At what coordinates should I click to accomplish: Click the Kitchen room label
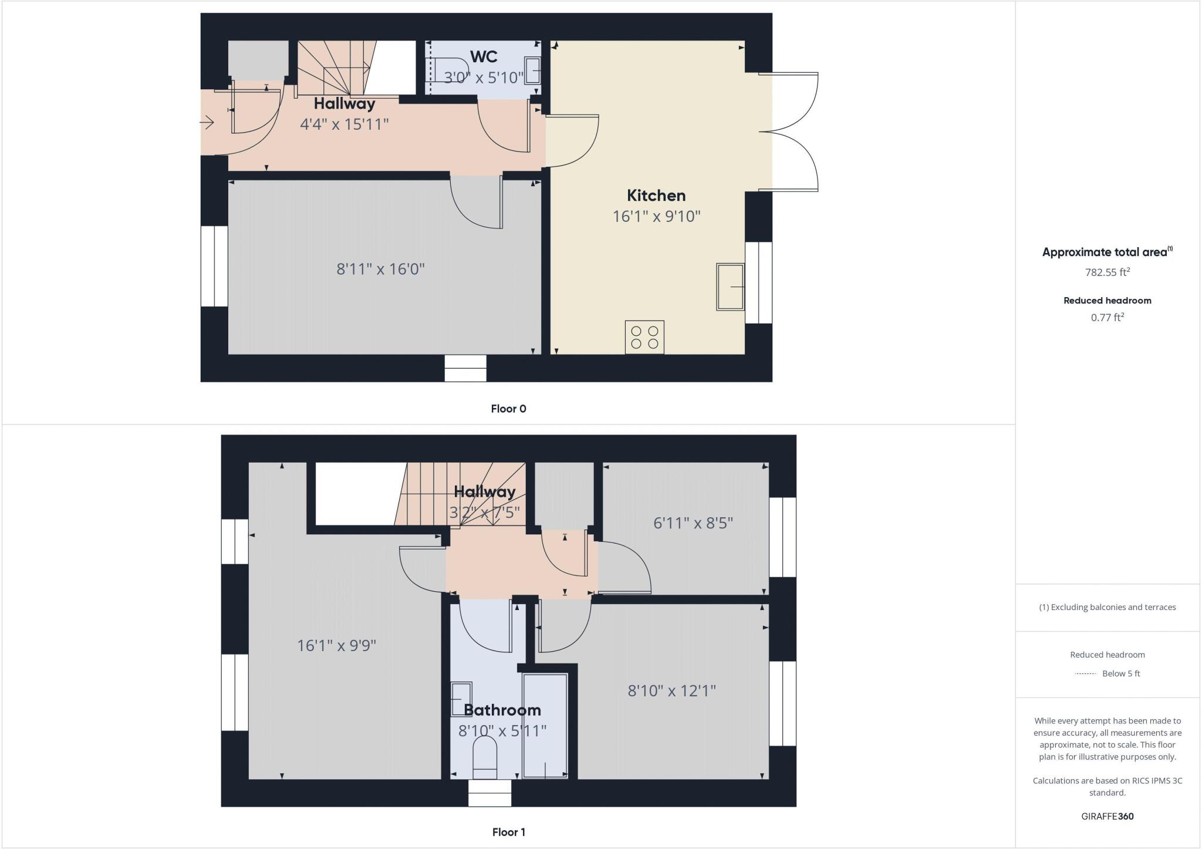656,196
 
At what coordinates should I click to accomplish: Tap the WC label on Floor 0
484,57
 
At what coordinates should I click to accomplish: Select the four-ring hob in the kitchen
644,337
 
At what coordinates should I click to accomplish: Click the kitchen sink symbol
730,287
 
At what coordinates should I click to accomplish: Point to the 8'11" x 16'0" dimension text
380,269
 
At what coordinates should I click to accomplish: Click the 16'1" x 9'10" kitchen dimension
657,217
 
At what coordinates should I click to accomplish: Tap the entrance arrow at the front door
207,123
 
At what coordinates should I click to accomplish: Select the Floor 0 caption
508,409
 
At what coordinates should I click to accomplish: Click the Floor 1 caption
508,832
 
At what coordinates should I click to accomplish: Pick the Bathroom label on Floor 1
502,710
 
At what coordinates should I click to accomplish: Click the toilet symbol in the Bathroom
485,753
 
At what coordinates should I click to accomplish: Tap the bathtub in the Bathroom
545,727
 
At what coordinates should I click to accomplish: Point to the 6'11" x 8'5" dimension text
693,523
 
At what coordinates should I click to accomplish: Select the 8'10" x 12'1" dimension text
672,690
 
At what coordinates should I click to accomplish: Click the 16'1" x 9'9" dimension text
336,645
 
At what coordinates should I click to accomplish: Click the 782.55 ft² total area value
1108,272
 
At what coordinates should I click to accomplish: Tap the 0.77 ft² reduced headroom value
1108,318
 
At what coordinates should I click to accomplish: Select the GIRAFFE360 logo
1108,816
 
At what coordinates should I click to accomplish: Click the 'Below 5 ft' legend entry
1120,673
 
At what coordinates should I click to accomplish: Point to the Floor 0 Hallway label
345,104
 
